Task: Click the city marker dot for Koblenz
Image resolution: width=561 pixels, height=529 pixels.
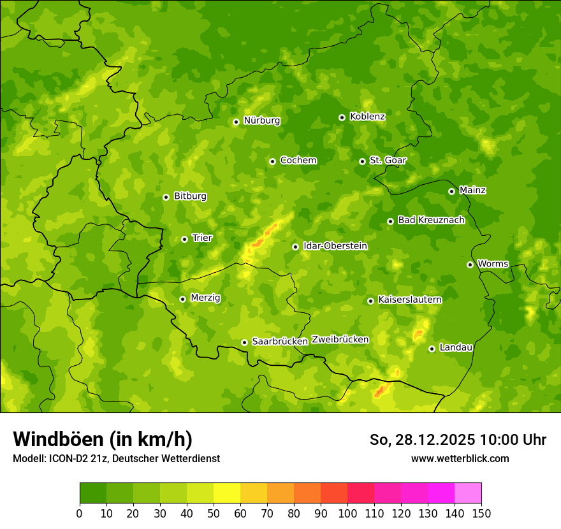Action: (342, 117)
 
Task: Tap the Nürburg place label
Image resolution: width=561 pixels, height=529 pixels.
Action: (261, 120)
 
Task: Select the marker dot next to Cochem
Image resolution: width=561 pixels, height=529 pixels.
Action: (272, 161)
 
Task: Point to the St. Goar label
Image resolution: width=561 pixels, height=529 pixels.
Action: (388, 161)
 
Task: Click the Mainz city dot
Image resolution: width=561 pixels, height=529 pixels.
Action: (451, 191)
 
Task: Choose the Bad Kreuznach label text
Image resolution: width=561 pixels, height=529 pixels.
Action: (431, 221)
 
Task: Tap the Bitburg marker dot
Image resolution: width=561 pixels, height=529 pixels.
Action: (166, 197)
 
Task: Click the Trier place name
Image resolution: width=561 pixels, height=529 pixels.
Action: (202, 238)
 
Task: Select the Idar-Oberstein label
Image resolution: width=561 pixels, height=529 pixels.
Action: (335, 246)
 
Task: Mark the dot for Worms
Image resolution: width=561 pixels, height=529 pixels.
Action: (470, 264)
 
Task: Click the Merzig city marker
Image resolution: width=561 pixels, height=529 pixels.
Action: (182, 299)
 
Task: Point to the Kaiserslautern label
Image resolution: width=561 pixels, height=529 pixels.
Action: (410, 300)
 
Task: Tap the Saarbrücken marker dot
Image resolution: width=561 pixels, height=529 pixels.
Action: (244, 342)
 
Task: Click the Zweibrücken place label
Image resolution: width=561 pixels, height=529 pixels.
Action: (340, 340)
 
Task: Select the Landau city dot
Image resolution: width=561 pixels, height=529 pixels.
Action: (432, 349)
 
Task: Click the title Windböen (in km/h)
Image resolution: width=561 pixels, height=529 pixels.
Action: (103, 439)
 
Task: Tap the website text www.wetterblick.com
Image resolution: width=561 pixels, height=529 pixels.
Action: (460, 458)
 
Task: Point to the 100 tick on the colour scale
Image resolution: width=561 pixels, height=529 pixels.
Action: (347, 513)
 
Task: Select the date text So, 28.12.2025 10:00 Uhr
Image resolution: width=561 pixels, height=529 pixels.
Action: (458, 440)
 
